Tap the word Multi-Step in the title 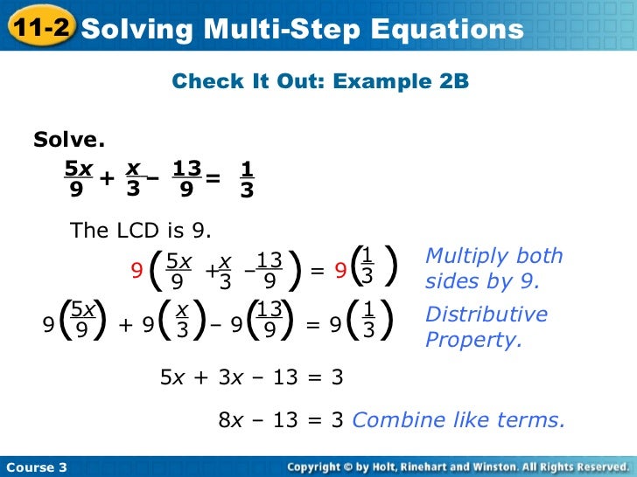[x=275, y=29]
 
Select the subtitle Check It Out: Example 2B [x=320, y=81]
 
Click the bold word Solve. [x=69, y=139]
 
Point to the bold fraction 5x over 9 [x=76, y=178]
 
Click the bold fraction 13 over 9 [x=186, y=178]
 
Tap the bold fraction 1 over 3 [x=247, y=178]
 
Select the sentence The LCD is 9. [x=141, y=231]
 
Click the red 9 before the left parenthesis [x=136, y=271]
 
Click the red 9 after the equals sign [x=339, y=271]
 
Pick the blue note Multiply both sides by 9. [x=493, y=269]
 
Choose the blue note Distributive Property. [x=486, y=327]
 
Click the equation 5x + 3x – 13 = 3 [x=251, y=377]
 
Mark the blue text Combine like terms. [x=458, y=420]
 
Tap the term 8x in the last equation [x=231, y=420]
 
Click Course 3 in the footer [x=36, y=467]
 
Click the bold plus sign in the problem [x=107, y=178]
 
